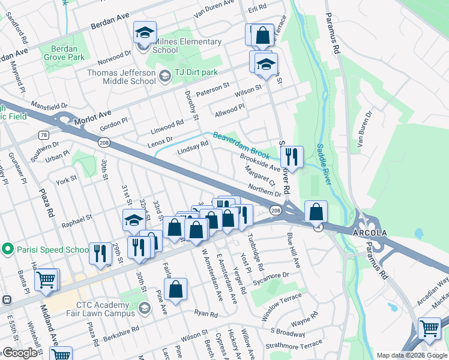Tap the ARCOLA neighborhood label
pos(366,232)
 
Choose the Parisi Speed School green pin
pos(8,248)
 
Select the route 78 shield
pos(44,135)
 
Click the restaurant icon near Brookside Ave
pos(292,157)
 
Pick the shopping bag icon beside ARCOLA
pos(316,212)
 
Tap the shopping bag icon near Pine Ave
pos(175,290)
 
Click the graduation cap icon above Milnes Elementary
pos(145,33)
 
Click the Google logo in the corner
pos(20,353)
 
